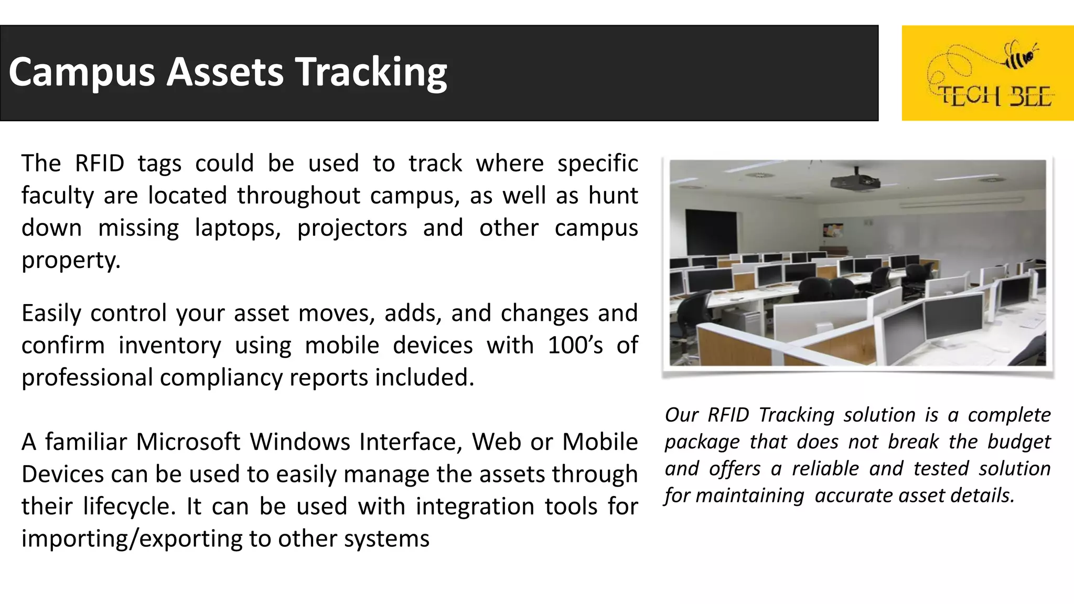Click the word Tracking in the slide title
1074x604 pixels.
point(371,72)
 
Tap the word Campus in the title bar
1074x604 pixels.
point(82,72)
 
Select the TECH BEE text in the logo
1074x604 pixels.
point(994,96)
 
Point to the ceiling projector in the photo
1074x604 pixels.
point(855,180)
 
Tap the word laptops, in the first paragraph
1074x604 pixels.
point(238,228)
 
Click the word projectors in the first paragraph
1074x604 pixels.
point(352,228)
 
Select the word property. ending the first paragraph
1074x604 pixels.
point(71,260)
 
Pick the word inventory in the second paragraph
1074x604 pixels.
point(170,346)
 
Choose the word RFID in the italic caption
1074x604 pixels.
point(728,415)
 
